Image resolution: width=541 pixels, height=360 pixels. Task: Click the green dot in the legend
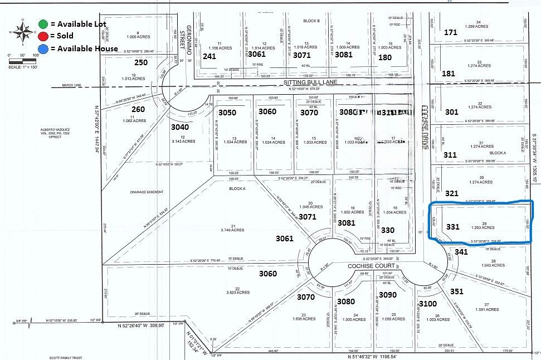(43, 23)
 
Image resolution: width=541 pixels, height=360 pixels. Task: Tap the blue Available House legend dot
(43, 48)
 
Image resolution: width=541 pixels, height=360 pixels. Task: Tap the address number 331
(453, 226)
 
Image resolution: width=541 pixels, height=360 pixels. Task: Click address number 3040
(180, 127)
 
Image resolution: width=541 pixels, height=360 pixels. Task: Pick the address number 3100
(427, 303)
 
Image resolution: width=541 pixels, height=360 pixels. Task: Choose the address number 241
(209, 56)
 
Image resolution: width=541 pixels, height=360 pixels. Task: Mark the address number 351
(457, 291)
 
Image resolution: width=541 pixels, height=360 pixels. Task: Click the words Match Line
(70, 85)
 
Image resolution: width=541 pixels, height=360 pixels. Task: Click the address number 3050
(227, 113)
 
